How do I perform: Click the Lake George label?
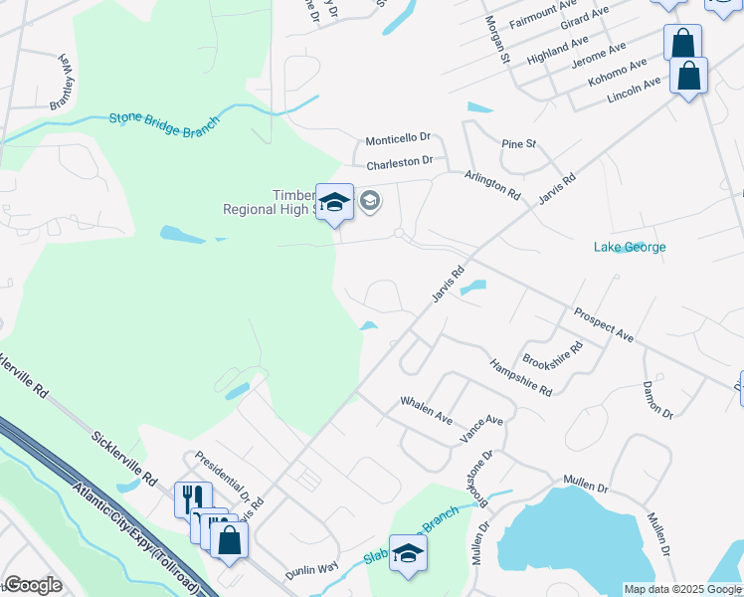[x=630, y=247]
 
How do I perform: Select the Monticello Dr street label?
[x=397, y=139]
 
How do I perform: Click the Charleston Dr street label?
[x=400, y=161]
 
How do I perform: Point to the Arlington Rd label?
[x=492, y=185]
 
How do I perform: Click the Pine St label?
[x=518, y=144]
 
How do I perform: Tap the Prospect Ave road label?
[x=604, y=325]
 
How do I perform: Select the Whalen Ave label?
[x=426, y=409]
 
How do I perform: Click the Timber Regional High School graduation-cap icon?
[x=335, y=202]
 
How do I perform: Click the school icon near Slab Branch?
[x=407, y=552]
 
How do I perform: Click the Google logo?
[x=33, y=585]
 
